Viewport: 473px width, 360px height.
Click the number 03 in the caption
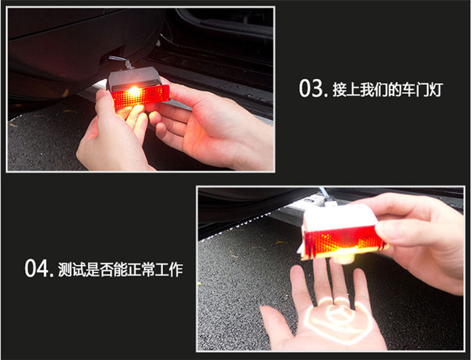(312, 88)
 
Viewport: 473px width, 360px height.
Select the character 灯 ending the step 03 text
(435, 90)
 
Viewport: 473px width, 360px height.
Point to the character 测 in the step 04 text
(64, 269)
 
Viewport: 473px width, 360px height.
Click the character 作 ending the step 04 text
(176, 269)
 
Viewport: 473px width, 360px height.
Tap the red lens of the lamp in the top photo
(140, 96)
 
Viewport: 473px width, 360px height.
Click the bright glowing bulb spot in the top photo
(134, 91)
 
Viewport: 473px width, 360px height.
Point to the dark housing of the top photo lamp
(134, 78)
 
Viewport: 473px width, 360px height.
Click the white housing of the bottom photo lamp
(339, 216)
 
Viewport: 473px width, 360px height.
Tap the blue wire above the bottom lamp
(324, 194)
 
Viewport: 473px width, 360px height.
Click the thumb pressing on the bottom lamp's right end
(401, 228)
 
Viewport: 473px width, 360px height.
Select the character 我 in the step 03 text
(366, 90)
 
